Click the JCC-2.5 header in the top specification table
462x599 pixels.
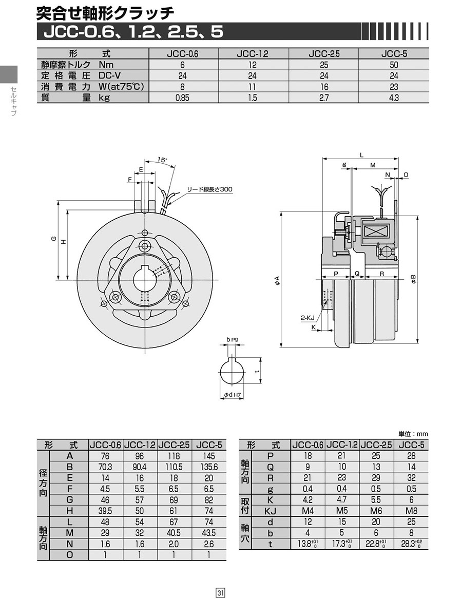(x=324, y=54)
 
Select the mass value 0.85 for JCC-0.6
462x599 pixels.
(x=182, y=98)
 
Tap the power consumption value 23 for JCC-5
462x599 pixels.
(x=394, y=87)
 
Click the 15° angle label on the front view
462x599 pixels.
(x=163, y=160)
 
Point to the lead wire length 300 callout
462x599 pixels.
(x=209, y=189)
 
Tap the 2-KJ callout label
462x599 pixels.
(x=307, y=317)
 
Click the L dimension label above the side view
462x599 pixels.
(x=361, y=155)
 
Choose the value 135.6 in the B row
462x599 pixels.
(x=208, y=467)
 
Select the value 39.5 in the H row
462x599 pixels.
(x=105, y=511)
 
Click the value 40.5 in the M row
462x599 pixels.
(x=174, y=533)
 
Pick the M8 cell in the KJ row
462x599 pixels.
(x=411, y=511)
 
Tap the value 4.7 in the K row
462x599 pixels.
(x=342, y=499)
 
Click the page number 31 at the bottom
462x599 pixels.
(x=221, y=592)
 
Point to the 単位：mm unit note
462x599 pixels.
(x=413, y=434)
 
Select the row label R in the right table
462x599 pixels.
(x=270, y=478)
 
